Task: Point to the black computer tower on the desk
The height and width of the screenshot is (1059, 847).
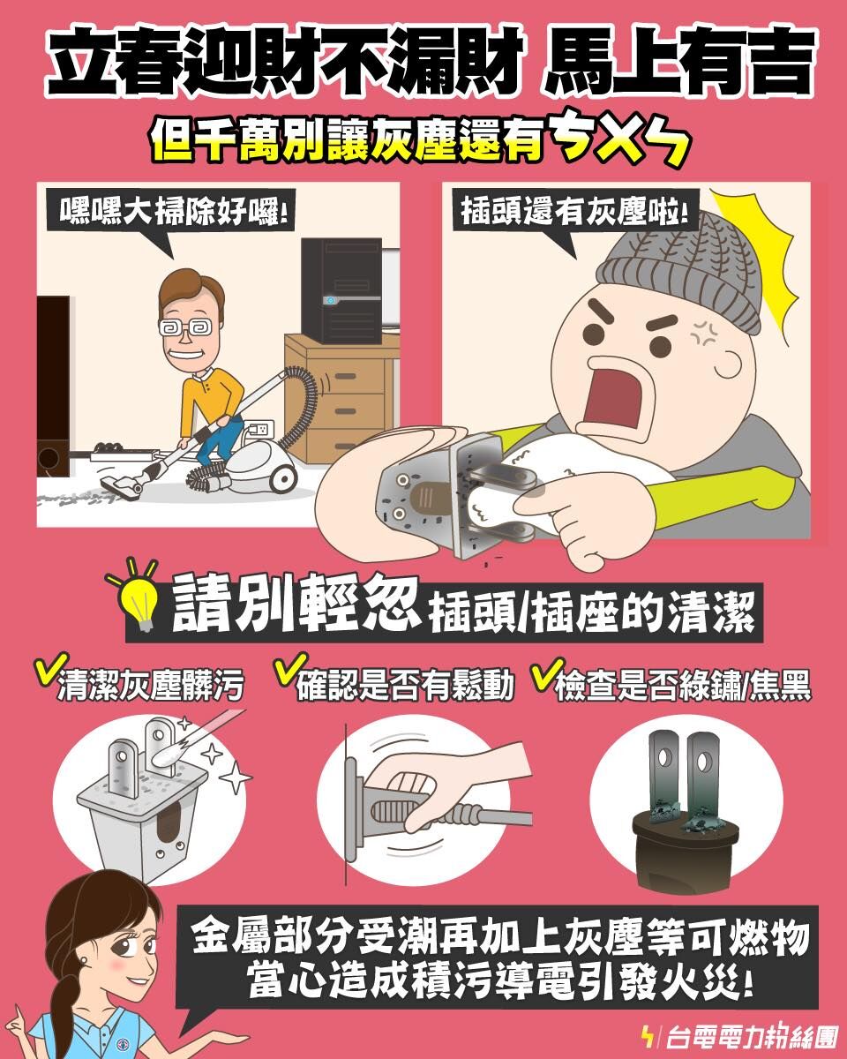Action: [x=341, y=290]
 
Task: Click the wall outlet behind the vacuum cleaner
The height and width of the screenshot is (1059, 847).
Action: [x=259, y=429]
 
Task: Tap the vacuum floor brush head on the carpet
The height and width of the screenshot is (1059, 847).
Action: [x=123, y=482]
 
